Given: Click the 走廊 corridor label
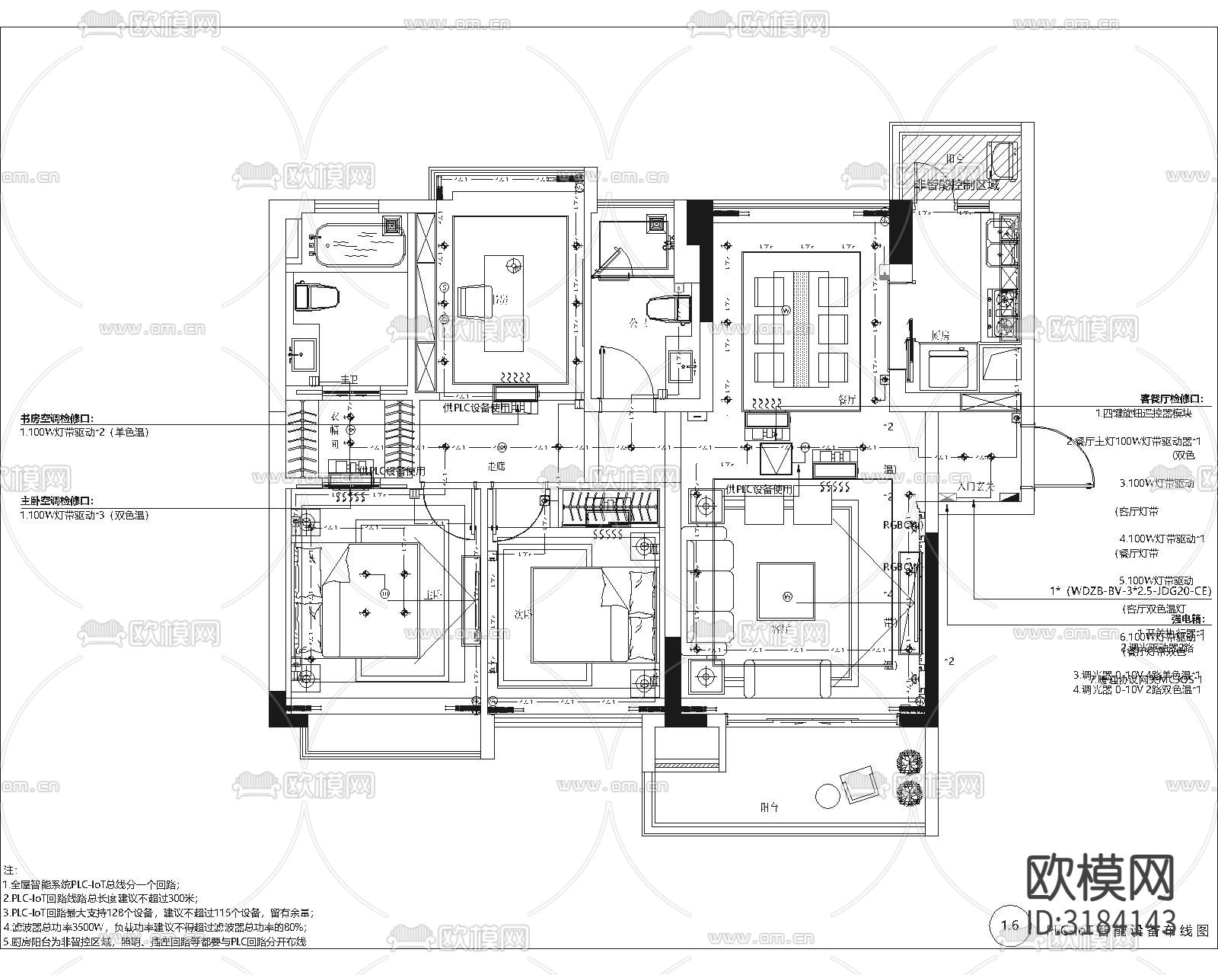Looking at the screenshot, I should coord(496,465).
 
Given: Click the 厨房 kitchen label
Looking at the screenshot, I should coord(940,335).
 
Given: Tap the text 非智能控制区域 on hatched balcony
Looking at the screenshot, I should coord(956,185).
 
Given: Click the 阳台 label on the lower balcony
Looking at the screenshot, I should coord(770,806).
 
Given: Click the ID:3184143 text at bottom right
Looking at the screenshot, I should coord(1100,919).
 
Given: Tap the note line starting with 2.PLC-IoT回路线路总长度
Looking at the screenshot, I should coord(100,899).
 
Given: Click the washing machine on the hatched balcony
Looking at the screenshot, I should coord(1001,160).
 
